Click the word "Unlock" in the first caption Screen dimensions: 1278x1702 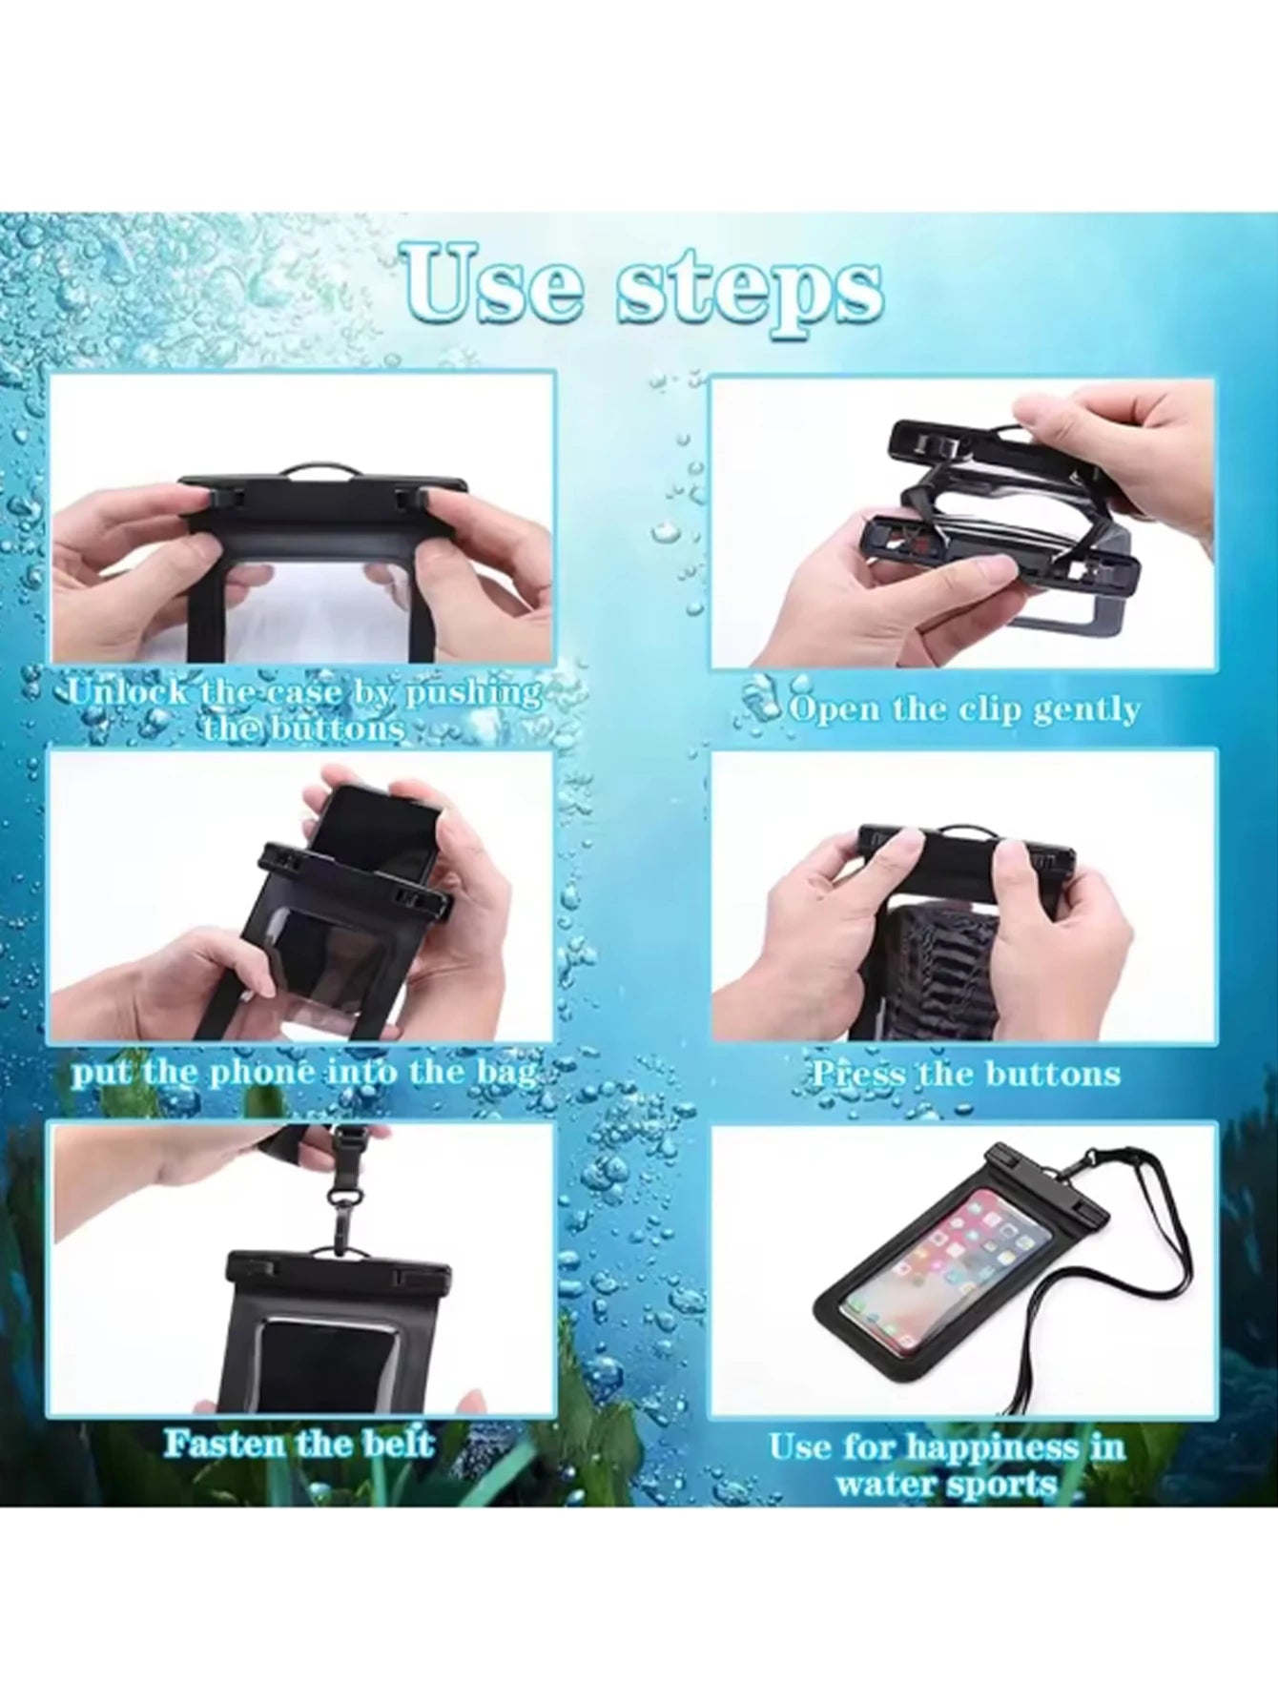click(129, 691)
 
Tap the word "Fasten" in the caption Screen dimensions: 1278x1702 click(223, 1442)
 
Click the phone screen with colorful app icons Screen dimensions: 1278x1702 click(943, 1260)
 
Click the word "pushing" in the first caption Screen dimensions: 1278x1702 click(474, 693)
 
